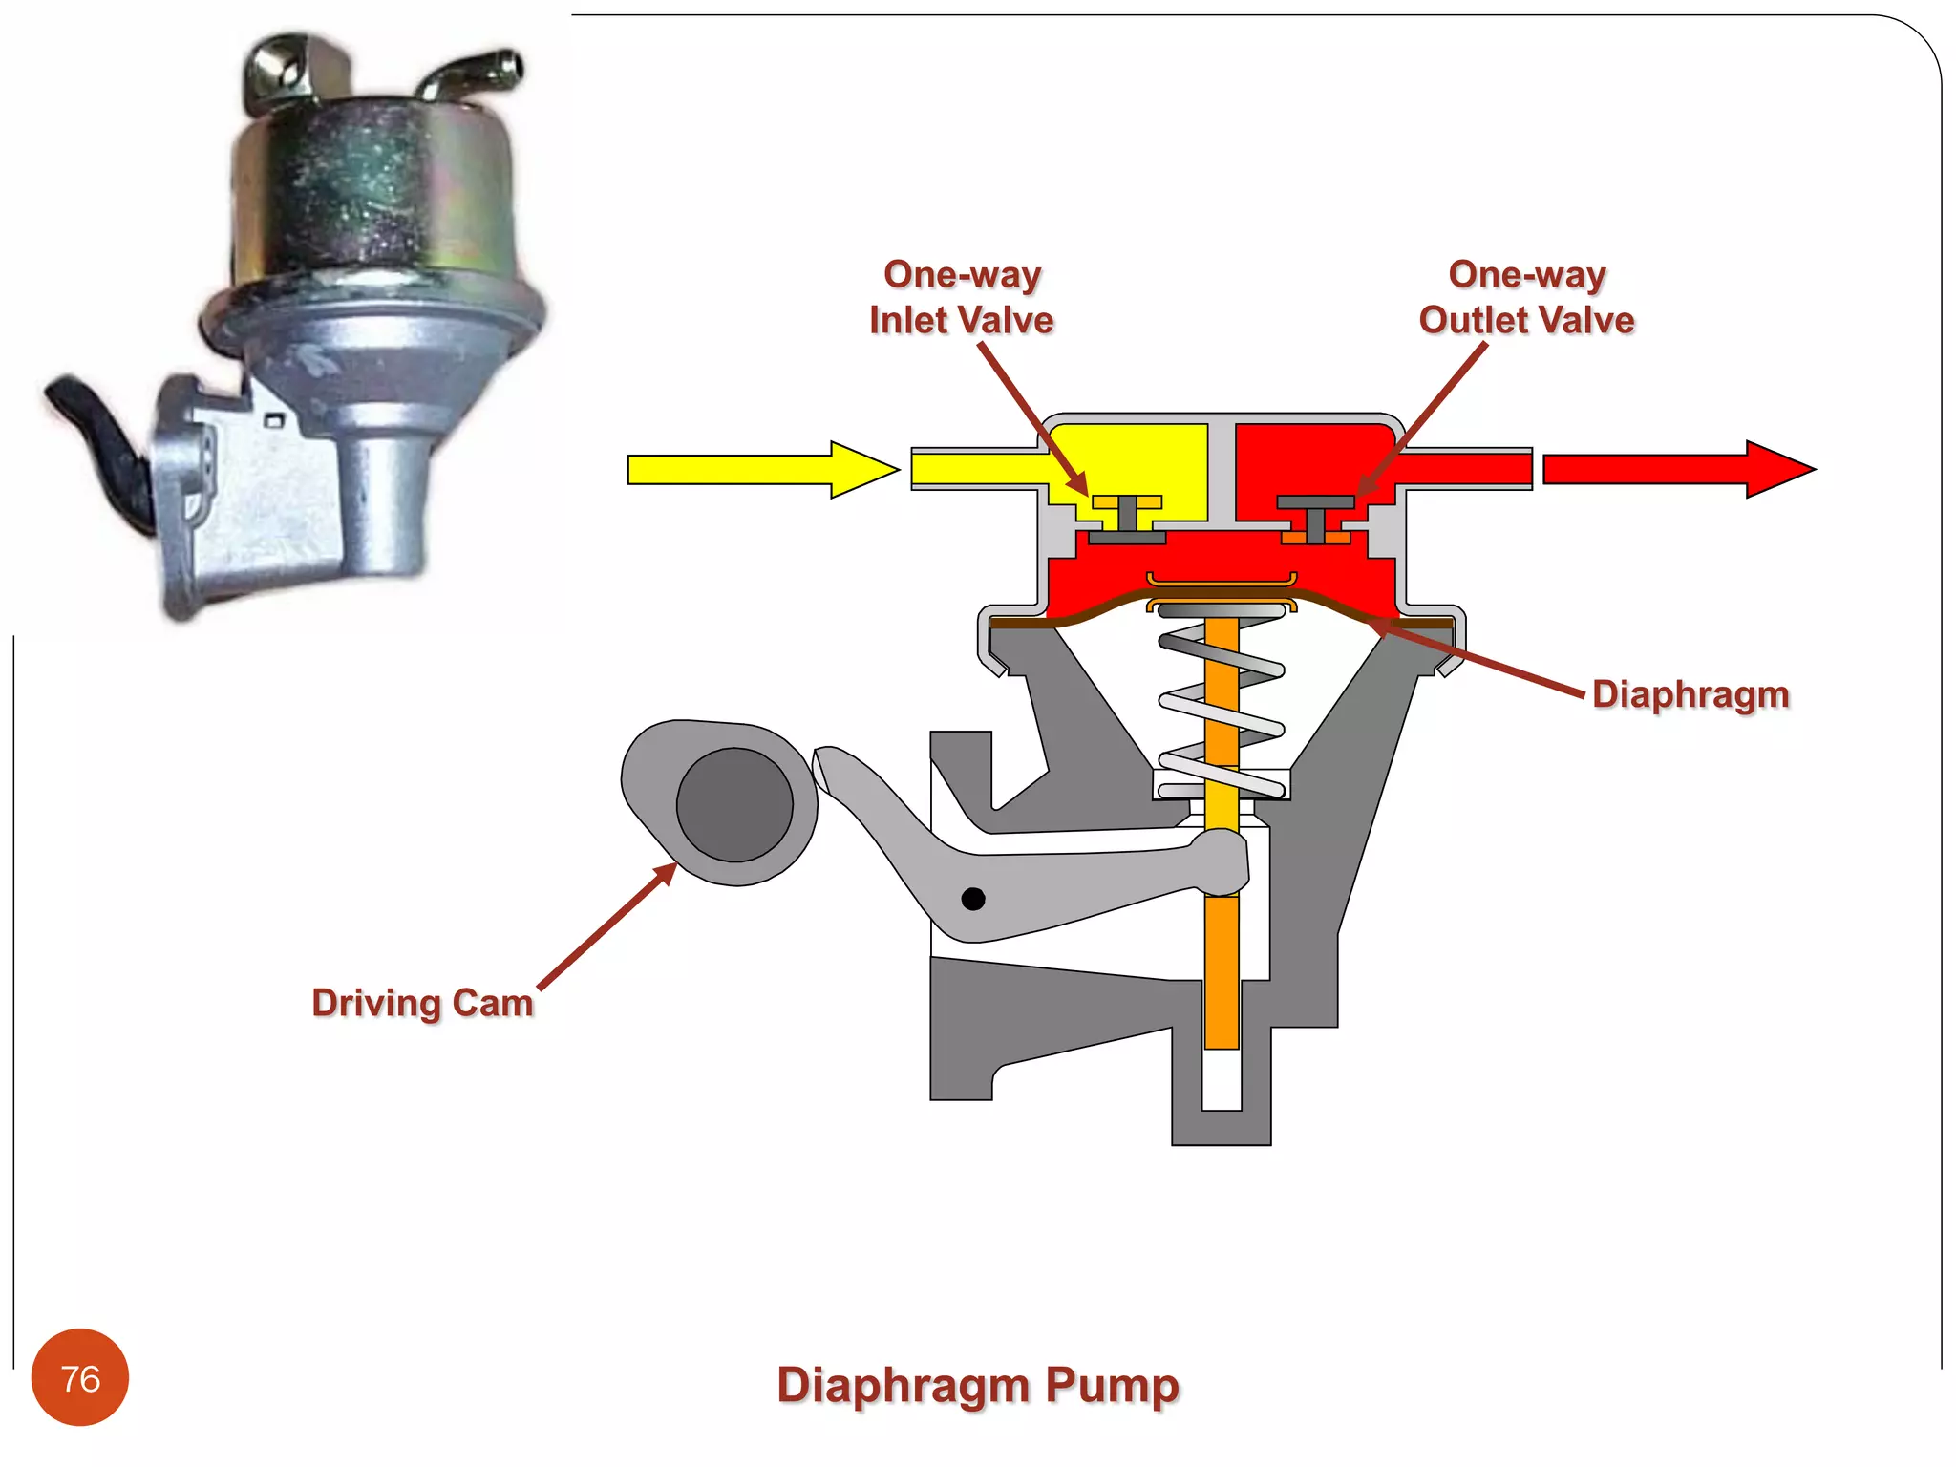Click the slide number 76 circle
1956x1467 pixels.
80,1377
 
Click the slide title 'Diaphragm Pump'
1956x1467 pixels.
978,1385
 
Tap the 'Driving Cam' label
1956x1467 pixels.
422,1003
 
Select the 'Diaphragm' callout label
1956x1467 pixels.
1690,694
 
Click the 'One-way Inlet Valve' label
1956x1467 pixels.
961,297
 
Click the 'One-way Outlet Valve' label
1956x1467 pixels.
1526,297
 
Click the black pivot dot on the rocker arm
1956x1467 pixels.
973,899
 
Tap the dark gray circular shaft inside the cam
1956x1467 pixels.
734,804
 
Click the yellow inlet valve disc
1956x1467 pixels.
1127,502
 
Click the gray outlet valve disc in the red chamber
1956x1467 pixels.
1315,502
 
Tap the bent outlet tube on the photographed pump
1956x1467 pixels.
478,72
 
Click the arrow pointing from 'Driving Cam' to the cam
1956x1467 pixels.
607,926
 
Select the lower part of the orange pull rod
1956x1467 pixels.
1222,974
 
